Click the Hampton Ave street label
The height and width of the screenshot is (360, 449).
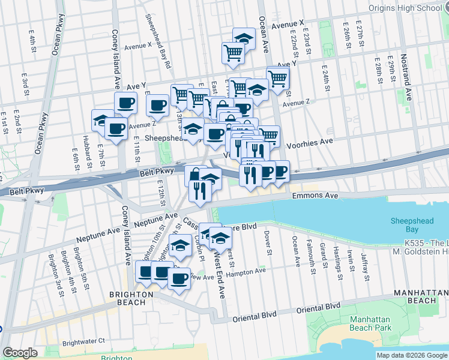click(246, 271)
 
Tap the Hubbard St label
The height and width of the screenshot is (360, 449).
click(87, 155)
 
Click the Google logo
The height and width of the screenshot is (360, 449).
click(20, 353)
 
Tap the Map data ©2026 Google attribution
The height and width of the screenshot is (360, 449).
click(412, 355)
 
